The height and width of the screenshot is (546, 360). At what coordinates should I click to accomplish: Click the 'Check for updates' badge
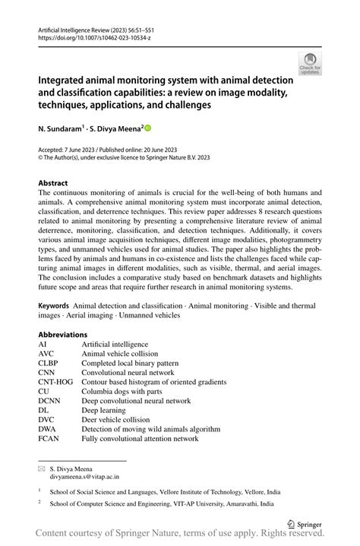(311, 63)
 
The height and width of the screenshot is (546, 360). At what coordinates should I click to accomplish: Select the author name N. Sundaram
(62, 130)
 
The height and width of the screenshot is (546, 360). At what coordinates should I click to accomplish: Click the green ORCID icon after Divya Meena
(148, 130)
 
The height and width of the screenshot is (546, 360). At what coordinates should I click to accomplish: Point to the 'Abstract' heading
(53, 183)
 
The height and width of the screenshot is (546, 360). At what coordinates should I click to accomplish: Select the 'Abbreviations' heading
(62, 334)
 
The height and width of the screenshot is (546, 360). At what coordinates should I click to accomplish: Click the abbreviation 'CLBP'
(49, 363)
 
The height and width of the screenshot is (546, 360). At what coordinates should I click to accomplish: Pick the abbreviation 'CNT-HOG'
(55, 382)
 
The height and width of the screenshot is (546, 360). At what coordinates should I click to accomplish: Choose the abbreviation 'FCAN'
(49, 438)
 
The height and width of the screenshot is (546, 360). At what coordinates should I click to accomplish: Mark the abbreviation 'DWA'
(48, 429)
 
